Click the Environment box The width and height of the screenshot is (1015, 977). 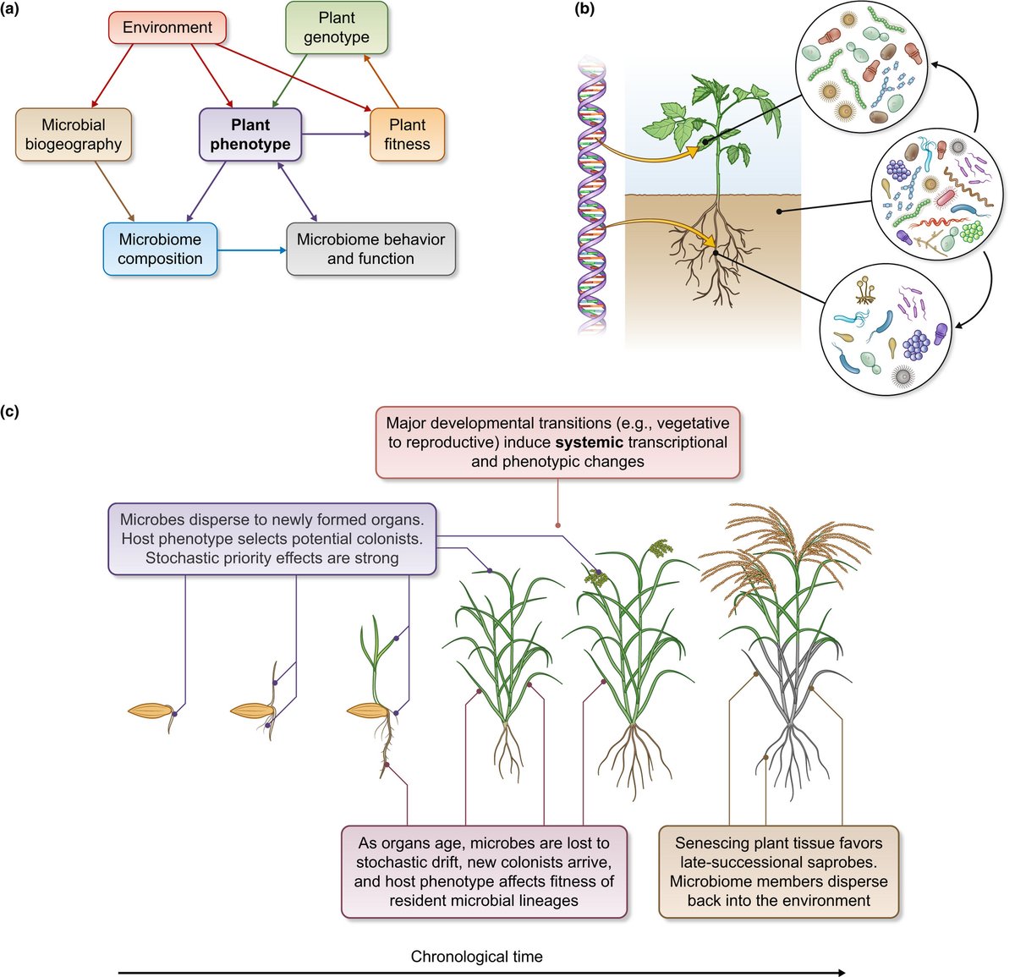click(167, 28)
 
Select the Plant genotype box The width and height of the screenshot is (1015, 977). click(337, 28)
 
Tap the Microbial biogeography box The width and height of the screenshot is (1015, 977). click(74, 134)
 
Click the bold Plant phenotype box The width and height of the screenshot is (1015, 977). click(250, 134)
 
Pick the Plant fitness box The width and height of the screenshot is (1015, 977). click(407, 134)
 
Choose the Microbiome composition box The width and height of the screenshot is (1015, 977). click(160, 250)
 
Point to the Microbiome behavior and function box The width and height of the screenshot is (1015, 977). click(370, 250)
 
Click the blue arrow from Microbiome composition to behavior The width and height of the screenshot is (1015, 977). click(251, 250)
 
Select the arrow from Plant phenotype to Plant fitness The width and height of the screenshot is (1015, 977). click(336, 134)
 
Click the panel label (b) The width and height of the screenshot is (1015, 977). click(584, 11)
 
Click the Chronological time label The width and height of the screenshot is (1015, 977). click(476, 957)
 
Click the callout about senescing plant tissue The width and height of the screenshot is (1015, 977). click(778, 872)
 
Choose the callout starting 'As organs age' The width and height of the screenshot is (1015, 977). click(484, 872)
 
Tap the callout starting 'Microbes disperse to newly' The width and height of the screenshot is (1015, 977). click(272, 538)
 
